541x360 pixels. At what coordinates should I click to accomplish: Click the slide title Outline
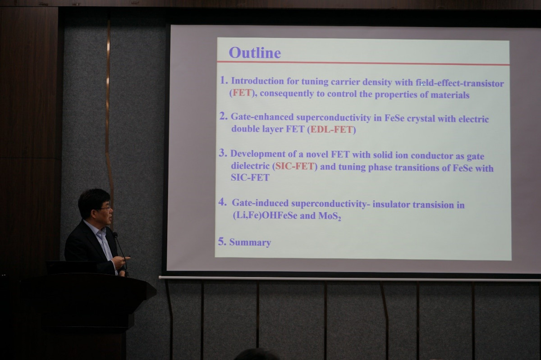[x=255, y=53]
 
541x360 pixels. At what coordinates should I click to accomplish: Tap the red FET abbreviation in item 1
[x=242, y=93]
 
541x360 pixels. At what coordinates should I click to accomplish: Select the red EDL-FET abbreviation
[x=331, y=130]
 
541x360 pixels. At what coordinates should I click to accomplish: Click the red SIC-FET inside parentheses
[x=295, y=166]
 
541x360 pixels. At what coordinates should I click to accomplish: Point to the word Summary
[x=250, y=242]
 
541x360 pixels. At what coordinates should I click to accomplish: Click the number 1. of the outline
[x=224, y=80]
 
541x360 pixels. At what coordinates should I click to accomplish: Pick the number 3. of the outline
[x=223, y=153]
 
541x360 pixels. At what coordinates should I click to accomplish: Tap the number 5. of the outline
[x=222, y=242]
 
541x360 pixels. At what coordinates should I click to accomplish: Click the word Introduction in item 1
[x=257, y=81]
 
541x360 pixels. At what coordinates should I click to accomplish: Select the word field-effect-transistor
[x=459, y=83]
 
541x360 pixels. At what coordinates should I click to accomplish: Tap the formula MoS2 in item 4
[x=330, y=216]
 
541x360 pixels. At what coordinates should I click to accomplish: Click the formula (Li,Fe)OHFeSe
[x=265, y=215]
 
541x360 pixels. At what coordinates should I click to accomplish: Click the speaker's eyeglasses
[x=105, y=207]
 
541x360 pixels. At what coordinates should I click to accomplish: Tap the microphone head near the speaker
[x=115, y=234]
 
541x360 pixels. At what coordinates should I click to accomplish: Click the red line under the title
[x=363, y=63]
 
